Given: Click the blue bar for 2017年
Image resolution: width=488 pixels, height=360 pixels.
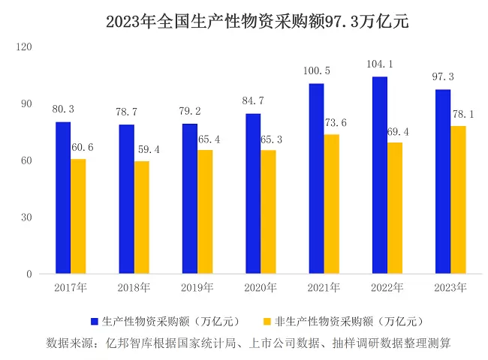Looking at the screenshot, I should click(63, 197).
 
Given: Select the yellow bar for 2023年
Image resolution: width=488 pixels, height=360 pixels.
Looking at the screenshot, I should click(458, 199).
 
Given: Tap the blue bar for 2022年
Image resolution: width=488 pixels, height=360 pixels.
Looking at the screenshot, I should click(380, 175).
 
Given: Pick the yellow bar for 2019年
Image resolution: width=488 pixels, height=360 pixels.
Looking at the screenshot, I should click(205, 211).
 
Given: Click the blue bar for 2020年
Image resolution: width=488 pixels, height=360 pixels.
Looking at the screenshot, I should click(253, 193).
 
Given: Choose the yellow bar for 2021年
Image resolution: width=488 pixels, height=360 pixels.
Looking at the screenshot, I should click(332, 204).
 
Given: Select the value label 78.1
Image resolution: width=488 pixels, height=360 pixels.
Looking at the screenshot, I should click(460, 114).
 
